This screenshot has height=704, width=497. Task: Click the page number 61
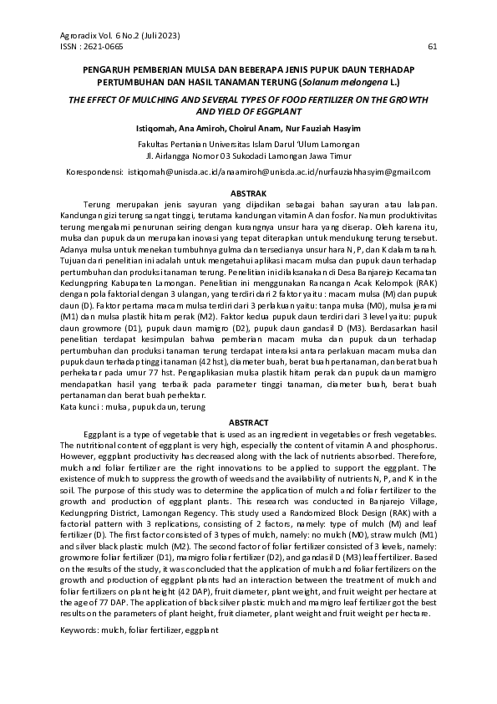coord(432,47)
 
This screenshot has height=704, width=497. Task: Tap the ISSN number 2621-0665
coord(92,47)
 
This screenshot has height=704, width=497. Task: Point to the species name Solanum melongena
coord(338,83)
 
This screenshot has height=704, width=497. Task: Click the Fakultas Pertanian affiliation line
coord(247,144)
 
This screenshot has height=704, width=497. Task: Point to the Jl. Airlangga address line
coord(247,156)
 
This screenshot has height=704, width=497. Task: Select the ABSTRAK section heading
coord(247,193)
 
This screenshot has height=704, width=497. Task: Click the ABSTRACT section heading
coord(247,423)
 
